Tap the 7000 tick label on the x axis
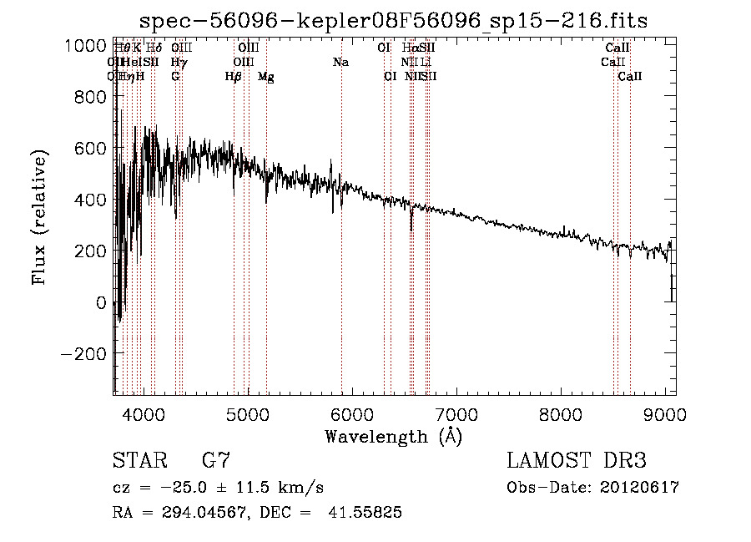pos(456,413)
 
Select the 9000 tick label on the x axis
pos(665,413)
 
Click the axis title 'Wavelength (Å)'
pos(393,436)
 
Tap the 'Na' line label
pos(340,62)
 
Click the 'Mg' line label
pos(266,77)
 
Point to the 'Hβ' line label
pos(234,77)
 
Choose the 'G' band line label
pos(175,77)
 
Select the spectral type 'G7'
pos(216,461)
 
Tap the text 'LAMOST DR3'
pos(577,461)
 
